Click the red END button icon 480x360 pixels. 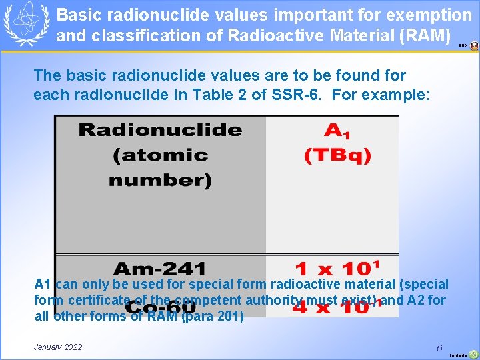coord(474,46)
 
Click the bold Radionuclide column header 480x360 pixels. coord(160,130)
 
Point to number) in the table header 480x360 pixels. coord(160,181)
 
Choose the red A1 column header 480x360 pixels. coord(338,130)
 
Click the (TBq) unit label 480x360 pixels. coord(338,156)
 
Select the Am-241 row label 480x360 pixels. coord(160,269)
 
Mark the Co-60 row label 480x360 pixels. coord(160,308)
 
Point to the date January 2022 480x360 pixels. coord(58,347)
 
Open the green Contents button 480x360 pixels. coord(473,355)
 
